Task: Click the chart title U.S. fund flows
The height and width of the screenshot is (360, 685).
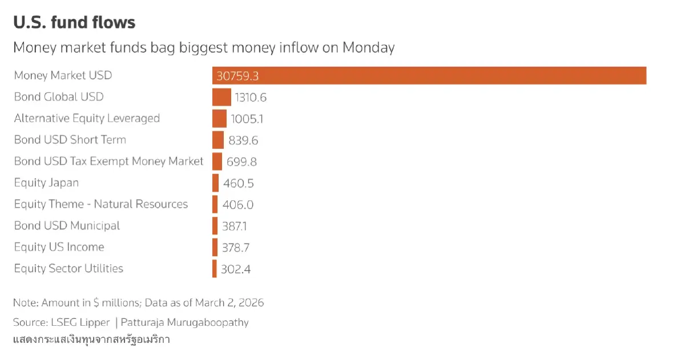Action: coord(74,23)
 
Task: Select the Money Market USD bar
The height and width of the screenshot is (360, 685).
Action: coord(428,75)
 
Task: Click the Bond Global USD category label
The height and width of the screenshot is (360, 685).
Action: coord(59,97)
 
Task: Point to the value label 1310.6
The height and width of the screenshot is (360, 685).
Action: coord(251,98)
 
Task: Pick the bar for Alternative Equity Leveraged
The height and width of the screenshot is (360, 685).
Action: coord(219,119)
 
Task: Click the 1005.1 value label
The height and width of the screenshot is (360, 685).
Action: coord(247,119)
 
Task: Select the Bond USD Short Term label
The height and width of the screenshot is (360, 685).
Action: coord(70,140)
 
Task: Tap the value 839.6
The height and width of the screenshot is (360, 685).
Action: coord(244,140)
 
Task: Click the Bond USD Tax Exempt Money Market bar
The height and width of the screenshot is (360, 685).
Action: coord(217,161)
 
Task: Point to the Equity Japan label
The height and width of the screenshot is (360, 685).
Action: coord(46,183)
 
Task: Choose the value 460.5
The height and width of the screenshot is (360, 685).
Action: coord(239,183)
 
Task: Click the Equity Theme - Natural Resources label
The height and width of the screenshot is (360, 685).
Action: coord(100,204)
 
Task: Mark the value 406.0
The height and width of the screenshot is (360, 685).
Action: coord(238,205)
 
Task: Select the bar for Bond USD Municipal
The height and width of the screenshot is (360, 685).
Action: coord(215,226)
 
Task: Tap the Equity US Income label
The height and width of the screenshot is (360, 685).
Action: coord(59,247)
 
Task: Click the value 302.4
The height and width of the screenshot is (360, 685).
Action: coord(236,269)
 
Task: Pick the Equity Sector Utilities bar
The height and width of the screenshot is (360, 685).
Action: coord(214,269)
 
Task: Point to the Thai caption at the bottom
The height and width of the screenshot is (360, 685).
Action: coord(91,340)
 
